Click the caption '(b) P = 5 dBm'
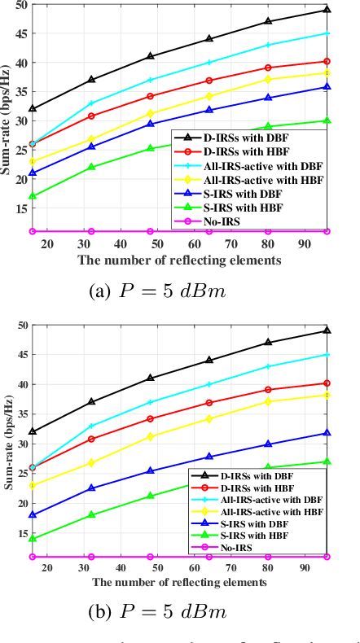coord(180,611)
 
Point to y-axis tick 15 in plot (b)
coord(21,532)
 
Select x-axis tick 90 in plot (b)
coord(304,566)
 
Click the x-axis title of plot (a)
coord(179,260)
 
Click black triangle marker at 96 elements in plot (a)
coord(327,10)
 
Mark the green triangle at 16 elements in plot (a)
coord(33,196)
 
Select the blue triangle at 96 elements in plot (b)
coord(327,433)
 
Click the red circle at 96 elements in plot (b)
coord(327,383)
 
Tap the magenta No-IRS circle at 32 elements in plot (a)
coord(91,231)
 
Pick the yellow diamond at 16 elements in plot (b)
coord(33,485)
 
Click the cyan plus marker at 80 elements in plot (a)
coord(268,45)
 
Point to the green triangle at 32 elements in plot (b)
coord(91,514)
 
